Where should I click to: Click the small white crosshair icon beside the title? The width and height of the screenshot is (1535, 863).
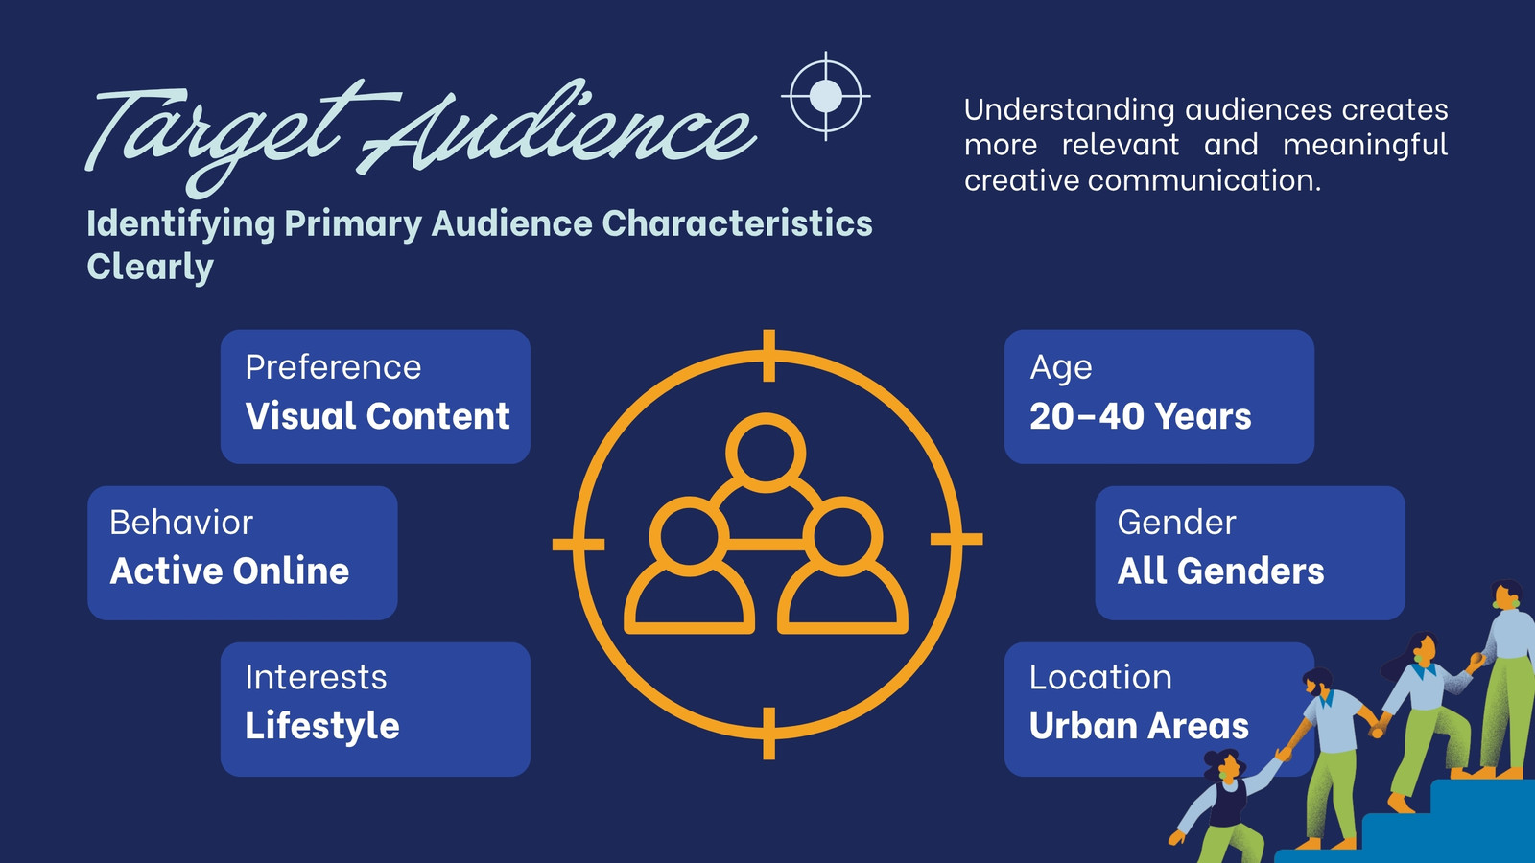coord(826,96)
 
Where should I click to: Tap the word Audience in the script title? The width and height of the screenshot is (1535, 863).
coord(556,130)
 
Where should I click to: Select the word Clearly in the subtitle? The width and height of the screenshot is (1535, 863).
coord(150,268)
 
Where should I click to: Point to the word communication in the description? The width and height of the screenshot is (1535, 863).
coord(1204,181)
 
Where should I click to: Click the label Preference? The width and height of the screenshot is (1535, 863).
coord(333,368)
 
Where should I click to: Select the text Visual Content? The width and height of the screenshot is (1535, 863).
coord(378,416)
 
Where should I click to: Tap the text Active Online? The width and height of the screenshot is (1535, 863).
coord(229,571)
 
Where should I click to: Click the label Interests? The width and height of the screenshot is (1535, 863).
coord(316,677)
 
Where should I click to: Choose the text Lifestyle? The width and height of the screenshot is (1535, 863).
coord(322,726)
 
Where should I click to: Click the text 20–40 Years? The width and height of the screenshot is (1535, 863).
coord(1141,416)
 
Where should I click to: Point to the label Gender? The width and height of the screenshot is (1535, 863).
coord(1176,523)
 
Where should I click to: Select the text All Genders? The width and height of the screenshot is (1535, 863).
coord(1220,571)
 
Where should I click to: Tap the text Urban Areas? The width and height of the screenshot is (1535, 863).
coord(1139,726)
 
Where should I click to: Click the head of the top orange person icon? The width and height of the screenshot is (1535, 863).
coord(766,453)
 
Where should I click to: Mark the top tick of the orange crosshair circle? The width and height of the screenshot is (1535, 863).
coord(768,355)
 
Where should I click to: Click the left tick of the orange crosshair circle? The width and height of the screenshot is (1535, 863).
coord(579,545)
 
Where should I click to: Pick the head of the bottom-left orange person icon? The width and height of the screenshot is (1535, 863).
coord(689,536)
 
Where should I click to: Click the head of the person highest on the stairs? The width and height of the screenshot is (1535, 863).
coord(1507,595)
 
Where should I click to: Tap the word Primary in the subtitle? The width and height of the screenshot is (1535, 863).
coord(353,224)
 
